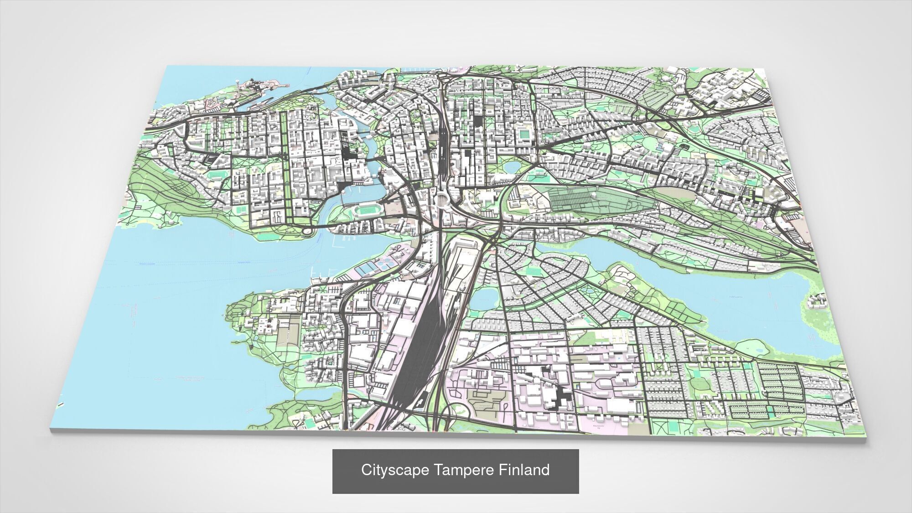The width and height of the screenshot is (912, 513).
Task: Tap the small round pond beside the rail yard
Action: pos(484,299)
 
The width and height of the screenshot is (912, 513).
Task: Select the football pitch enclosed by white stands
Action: pos(525,134)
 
